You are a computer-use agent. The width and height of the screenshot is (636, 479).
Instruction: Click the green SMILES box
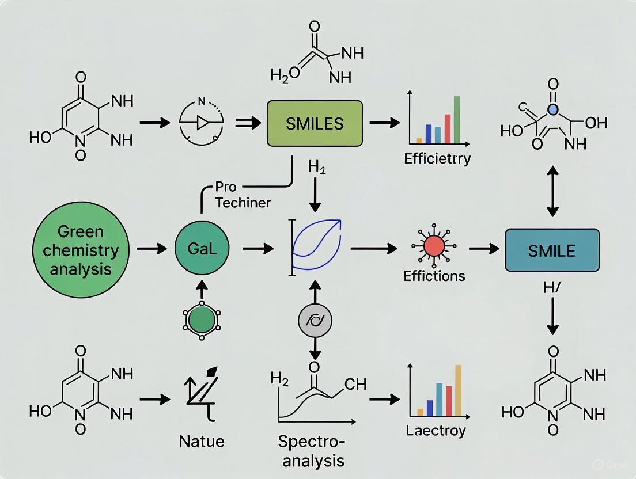(x=315, y=123)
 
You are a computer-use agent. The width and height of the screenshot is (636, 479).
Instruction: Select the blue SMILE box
(x=551, y=250)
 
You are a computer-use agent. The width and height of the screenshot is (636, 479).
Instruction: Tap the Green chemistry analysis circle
(x=80, y=249)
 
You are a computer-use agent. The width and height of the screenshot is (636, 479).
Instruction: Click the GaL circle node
(x=201, y=249)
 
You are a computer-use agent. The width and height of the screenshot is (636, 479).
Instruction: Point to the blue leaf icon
(x=318, y=245)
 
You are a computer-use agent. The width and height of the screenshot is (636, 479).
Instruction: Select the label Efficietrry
(x=437, y=158)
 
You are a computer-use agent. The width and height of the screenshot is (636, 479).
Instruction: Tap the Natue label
(x=201, y=442)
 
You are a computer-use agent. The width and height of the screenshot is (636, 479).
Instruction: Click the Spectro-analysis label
(x=312, y=451)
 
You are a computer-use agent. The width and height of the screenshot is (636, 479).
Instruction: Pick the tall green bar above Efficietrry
(x=457, y=119)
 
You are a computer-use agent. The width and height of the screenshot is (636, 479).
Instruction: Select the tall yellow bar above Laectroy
(x=459, y=390)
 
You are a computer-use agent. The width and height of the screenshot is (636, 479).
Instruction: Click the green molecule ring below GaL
(x=201, y=318)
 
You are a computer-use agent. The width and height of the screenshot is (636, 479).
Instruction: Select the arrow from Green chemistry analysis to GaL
(x=151, y=249)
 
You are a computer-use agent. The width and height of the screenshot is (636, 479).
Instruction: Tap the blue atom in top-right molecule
(x=553, y=109)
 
